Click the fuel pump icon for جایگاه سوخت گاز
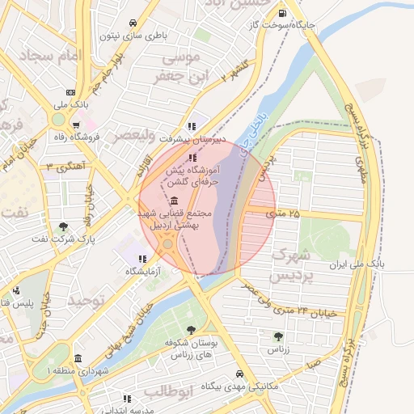click(x=281, y=12)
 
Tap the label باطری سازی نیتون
click(x=133, y=35)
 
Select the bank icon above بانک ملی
click(x=71, y=91)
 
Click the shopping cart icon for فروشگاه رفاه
click(x=75, y=125)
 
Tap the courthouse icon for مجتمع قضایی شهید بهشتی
click(x=175, y=201)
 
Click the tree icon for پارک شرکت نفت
click(x=64, y=226)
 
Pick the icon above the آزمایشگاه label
click(x=142, y=259)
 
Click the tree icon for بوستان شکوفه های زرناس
click(x=191, y=330)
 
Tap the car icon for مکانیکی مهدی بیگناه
click(x=240, y=374)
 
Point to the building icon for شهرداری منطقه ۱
click(x=78, y=359)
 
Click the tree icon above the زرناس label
click(x=278, y=336)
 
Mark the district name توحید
click(x=87, y=301)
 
